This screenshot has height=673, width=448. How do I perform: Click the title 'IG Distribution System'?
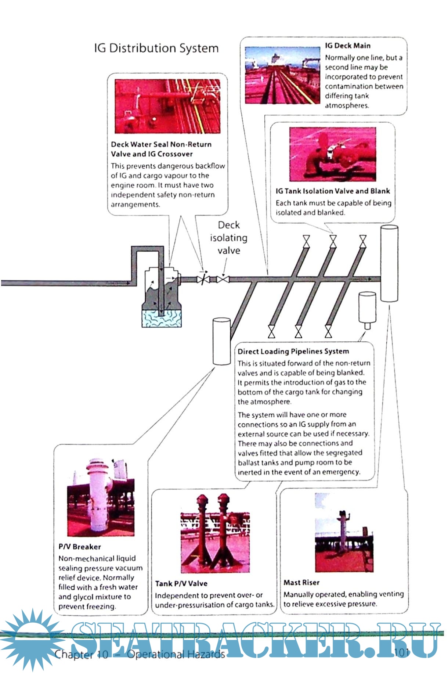tap(156, 48)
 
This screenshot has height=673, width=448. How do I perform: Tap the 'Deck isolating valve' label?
tap(228, 238)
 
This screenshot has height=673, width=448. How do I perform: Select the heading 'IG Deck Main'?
tap(347, 46)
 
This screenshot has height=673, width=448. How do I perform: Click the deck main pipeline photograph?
tap(282, 75)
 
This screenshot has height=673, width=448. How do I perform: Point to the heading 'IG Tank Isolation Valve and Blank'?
tap(333, 191)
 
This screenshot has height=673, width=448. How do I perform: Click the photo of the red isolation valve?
tap(332, 154)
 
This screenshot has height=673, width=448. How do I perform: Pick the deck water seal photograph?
tap(167, 106)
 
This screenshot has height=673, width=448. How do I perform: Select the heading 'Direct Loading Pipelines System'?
tap(293, 352)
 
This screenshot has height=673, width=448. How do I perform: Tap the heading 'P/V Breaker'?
tap(79, 547)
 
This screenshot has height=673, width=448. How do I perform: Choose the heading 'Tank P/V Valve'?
tap(181, 584)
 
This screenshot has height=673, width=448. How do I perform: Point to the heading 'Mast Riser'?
tap(301, 583)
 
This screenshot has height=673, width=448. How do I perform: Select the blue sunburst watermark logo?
tap(33, 639)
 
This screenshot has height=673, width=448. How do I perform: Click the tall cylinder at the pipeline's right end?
tap(389, 263)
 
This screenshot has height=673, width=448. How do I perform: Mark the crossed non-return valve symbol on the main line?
tap(203, 280)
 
